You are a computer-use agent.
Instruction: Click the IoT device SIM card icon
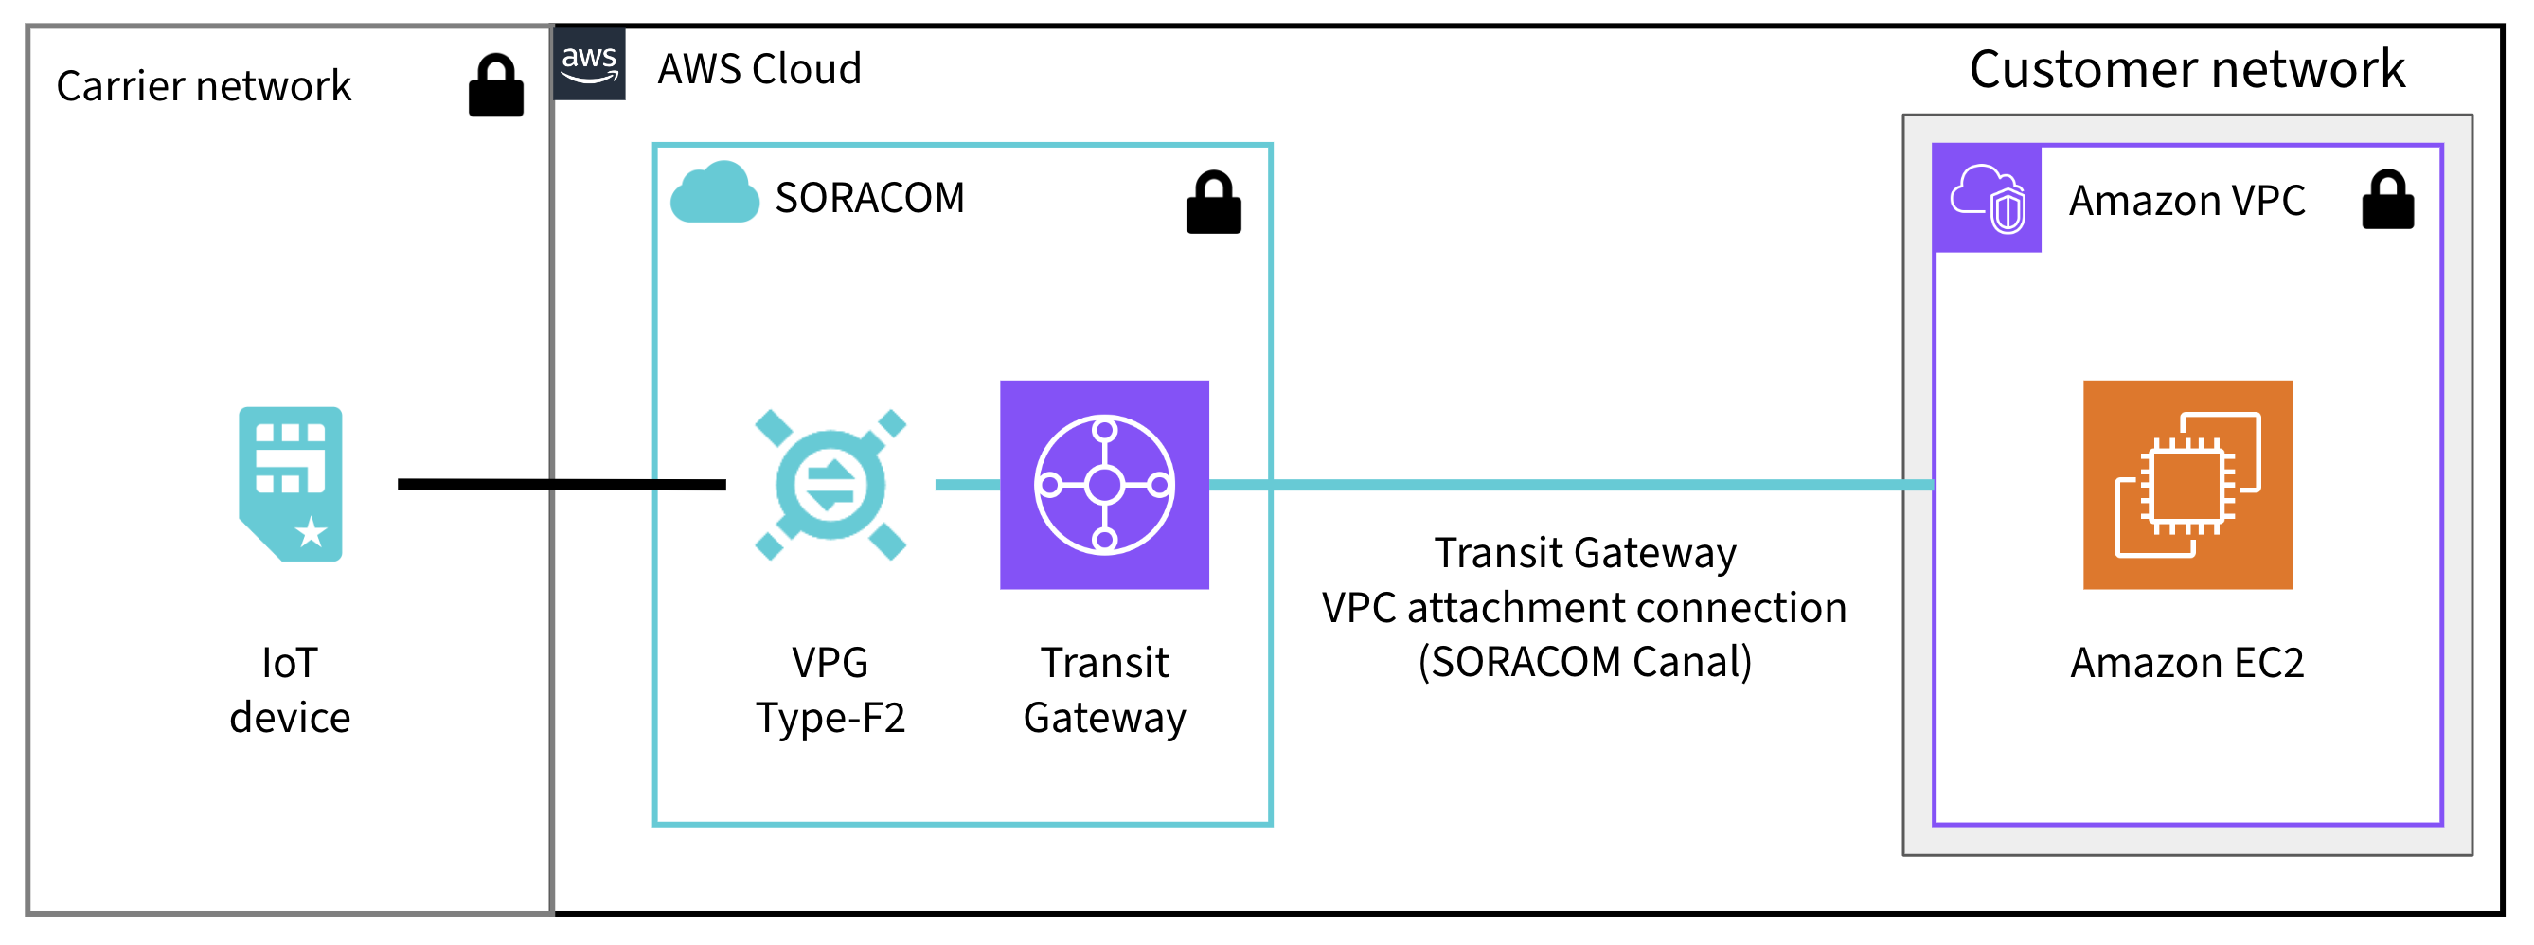(290, 484)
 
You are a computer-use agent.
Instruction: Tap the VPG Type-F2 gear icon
(830, 485)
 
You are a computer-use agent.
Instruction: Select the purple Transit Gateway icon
(1104, 485)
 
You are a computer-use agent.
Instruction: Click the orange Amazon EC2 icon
(2186, 485)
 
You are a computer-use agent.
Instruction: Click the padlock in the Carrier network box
(496, 86)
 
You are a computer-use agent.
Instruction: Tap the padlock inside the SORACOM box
(1213, 203)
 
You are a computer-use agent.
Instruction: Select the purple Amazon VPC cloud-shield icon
(1986, 199)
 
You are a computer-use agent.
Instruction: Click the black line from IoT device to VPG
(561, 484)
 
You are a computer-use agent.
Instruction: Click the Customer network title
(2186, 70)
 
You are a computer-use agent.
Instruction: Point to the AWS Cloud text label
(758, 70)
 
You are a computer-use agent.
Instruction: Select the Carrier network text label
(204, 86)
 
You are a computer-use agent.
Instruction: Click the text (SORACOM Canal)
(1583, 662)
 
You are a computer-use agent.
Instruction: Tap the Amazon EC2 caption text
(2186, 663)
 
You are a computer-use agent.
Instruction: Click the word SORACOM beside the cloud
(869, 199)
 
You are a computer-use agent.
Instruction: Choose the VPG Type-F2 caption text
(830, 690)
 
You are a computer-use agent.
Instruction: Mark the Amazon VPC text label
(2186, 201)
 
